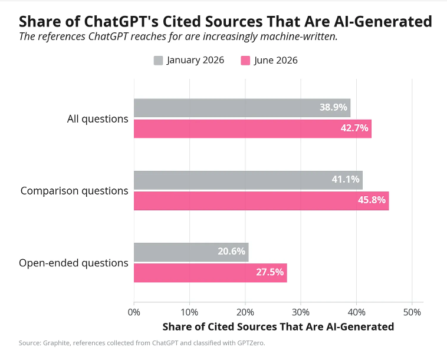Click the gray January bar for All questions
[242, 108]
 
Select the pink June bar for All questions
[252, 128]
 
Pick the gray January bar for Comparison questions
[248, 180]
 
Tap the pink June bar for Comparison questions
[261, 201]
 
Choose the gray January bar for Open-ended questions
[191, 252]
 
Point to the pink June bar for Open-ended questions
[211, 273]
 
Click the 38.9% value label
[333, 107]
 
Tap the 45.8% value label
[372, 200]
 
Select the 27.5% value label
[269, 272]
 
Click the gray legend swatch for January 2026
[158, 60]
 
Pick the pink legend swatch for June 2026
[245, 60]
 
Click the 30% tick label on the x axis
[301, 312]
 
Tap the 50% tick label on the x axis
[412, 312]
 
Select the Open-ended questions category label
[74, 263]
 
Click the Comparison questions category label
[74, 191]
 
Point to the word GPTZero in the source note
[251, 343]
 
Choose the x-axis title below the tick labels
[278, 326]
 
